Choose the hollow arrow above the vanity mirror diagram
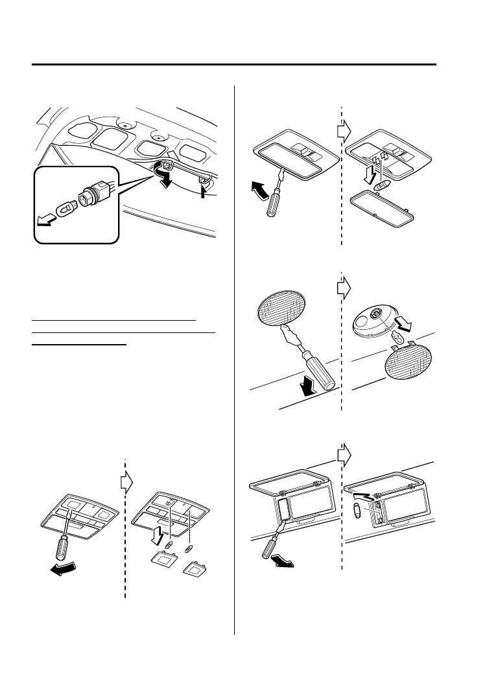(x=344, y=453)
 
